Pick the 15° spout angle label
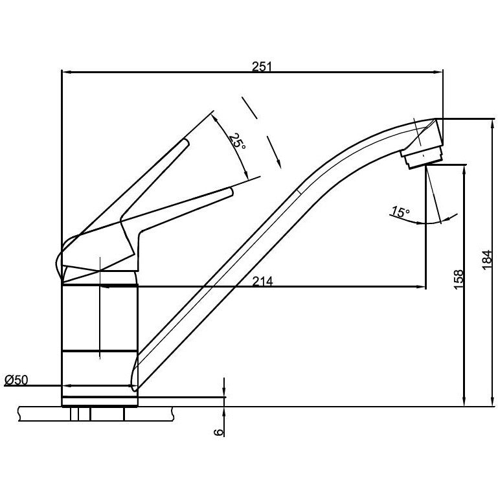tap(400, 212)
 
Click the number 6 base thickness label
tap(218, 430)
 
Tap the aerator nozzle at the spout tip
tap(422, 156)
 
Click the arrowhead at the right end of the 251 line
tap(440, 72)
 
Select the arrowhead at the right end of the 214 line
tap(422, 287)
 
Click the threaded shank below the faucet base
tap(97, 413)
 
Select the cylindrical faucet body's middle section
tap(100, 317)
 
